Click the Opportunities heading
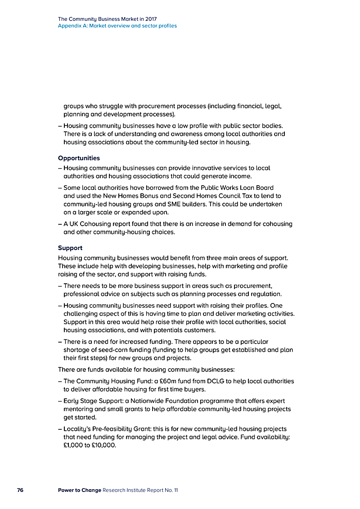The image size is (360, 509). point(79,158)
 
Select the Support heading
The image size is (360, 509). point(70,248)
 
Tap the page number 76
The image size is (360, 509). point(20,490)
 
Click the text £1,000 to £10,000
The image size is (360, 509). point(90,446)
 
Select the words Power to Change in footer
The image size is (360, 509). point(79,490)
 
